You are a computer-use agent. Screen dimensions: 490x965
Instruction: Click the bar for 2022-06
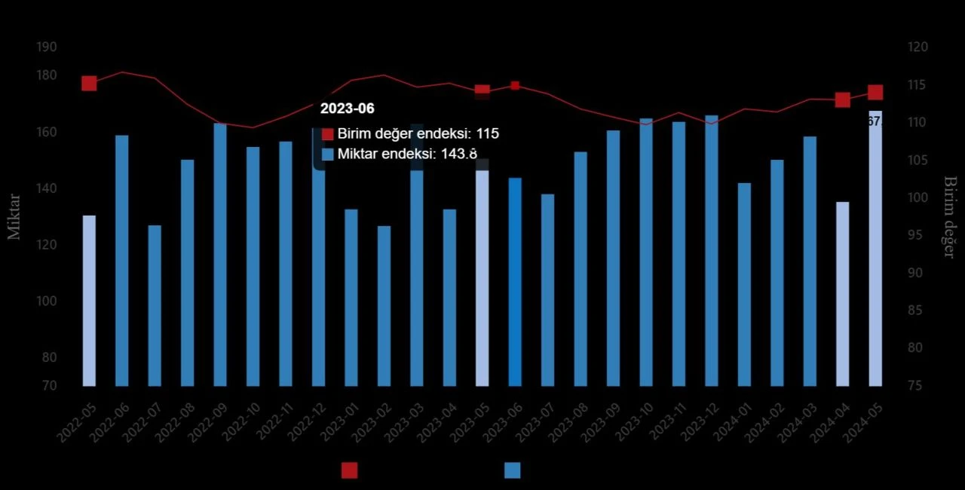pos(121,260)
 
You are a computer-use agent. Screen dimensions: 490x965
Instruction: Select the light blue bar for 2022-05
pos(89,300)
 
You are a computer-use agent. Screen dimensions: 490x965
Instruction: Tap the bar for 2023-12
pos(712,250)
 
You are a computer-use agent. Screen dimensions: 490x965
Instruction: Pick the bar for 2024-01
pos(744,284)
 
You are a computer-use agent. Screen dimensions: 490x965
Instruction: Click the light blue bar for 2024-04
pos(842,293)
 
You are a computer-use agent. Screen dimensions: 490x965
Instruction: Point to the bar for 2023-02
pos(384,305)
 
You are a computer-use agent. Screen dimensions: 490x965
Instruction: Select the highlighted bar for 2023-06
pos(515,281)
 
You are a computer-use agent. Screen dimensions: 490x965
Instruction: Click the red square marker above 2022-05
pos(89,83)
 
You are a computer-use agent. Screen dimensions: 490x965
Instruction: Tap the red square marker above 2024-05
pos(875,93)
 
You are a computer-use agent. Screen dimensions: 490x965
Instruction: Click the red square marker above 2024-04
pos(843,100)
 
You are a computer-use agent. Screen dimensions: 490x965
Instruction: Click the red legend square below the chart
pos(349,470)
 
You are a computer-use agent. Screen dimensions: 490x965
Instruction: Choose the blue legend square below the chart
pos(513,470)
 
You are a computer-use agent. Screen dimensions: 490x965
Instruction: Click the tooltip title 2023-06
pos(347,109)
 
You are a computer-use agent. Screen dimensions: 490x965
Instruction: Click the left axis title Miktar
pos(14,216)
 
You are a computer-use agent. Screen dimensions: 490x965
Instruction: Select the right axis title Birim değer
pos(949,217)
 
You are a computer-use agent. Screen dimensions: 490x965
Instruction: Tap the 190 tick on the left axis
pos(47,47)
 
